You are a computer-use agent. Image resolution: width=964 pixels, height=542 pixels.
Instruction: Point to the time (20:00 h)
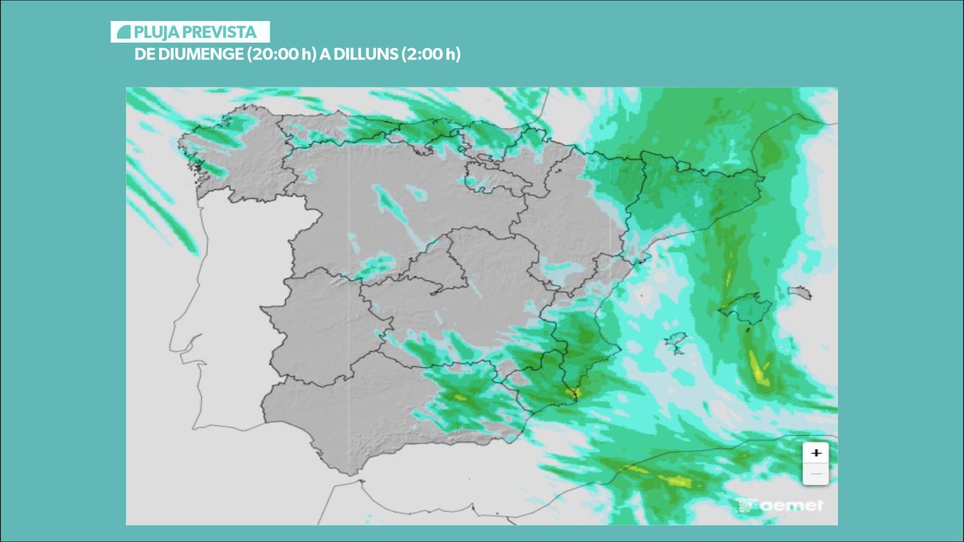pyautogui.click(x=281, y=54)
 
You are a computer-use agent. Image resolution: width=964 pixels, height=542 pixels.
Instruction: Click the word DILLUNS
pyautogui.click(x=366, y=54)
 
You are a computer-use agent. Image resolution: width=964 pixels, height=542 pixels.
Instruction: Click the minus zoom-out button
pyautogui.click(x=816, y=474)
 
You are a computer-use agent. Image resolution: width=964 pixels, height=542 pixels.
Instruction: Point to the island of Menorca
pyautogui.click(x=800, y=293)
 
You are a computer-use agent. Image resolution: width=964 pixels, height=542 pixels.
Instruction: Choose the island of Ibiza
pyautogui.click(x=675, y=343)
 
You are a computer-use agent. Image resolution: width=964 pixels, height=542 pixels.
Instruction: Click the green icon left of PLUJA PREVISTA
pyautogui.click(x=124, y=32)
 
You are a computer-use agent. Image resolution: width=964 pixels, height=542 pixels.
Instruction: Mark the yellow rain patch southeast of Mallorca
pyautogui.click(x=758, y=368)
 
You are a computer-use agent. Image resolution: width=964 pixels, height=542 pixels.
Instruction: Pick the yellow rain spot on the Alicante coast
pyautogui.click(x=573, y=393)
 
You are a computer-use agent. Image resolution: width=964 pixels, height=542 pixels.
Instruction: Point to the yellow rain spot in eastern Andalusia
pyautogui.click(x=461, y=397)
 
